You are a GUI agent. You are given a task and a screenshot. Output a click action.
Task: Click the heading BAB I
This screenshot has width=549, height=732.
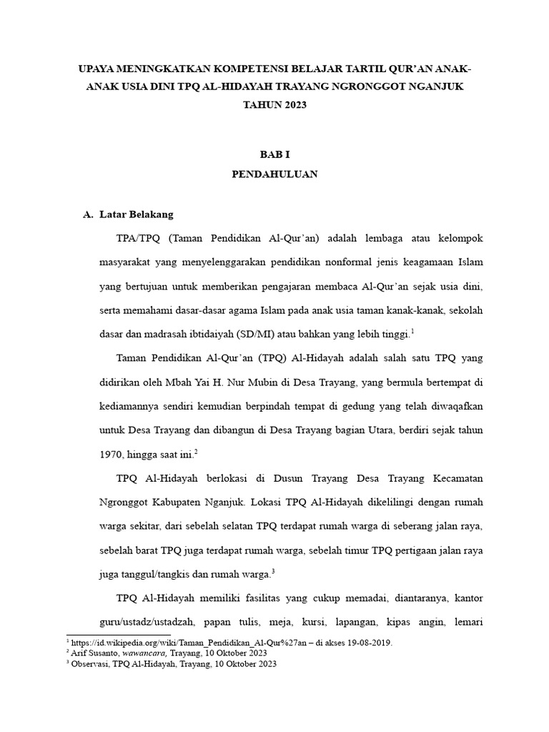pyautogui.click(x=274, y=154)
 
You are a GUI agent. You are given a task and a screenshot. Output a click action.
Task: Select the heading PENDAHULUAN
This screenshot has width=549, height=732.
pyautogui.click(x=274, y=174)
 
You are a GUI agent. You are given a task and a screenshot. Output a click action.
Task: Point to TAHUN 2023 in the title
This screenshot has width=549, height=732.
pyautogui.click(x=274, y=104)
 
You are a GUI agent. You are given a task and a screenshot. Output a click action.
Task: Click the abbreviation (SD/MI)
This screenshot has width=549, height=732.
pyautogui.click(x=263, y=334)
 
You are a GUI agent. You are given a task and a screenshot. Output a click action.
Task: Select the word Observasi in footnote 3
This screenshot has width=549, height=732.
pyautogui.click(x=88, y=663)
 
